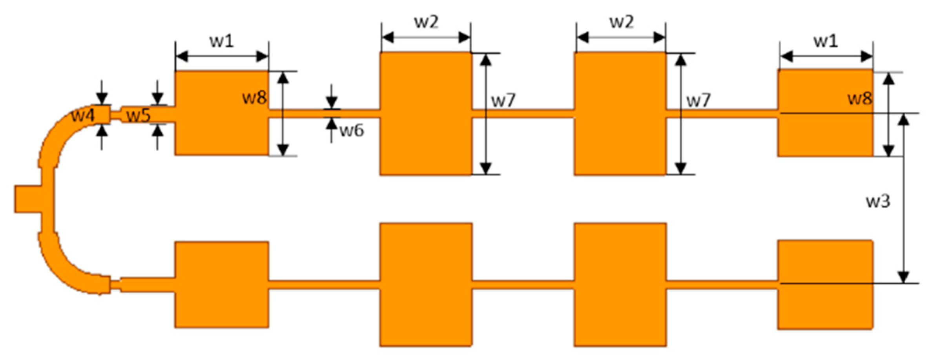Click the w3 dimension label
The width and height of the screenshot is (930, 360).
click(x=878, y=201)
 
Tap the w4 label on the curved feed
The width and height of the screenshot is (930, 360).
click(x=83, y=116)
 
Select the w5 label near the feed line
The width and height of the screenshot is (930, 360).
click(x=138, y=116)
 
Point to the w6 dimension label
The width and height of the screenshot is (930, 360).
click(x=352, y=131)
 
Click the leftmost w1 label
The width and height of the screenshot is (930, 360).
click(x=222, y=41)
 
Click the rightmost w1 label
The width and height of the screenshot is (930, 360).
click(x=826, y=41)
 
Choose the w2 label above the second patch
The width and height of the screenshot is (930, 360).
click(x=426, y=22)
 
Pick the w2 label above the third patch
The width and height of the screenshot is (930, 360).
click(x=622, y=22)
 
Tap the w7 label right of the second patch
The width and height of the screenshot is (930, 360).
click(x=503, y=101)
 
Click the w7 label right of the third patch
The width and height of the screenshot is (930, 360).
click(x=698, y=101)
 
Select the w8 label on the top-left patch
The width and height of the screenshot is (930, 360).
click(x=254, y=97)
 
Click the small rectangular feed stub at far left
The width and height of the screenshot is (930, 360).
click(x=27, y=199)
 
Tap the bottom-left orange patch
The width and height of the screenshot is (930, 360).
click(x=222, y=285)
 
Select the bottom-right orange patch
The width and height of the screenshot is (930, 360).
click(x=825, y=285)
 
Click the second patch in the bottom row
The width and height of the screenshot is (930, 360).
click(x=426, y=285)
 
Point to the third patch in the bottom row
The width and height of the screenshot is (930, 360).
click(x=620, y=285)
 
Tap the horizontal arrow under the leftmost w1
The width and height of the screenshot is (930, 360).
click(x=222, y=57)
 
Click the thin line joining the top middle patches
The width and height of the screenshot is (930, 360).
click(x=523, y=113)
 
